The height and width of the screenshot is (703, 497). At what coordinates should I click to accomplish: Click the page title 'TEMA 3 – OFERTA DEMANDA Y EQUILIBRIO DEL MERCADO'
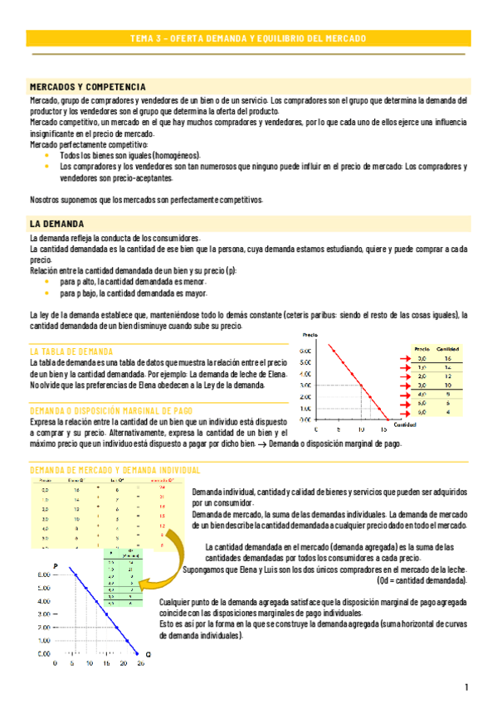click(248, 38)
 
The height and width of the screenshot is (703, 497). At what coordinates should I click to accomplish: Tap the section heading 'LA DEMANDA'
click(56, 224)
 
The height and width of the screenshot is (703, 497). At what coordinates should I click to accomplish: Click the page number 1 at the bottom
click(467, 687)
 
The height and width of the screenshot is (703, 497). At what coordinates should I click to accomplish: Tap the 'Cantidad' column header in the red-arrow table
click(448, 349)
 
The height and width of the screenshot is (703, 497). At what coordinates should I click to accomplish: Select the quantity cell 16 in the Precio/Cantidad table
click(447, 358)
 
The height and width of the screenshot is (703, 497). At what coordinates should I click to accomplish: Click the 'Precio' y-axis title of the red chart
click(310, 336)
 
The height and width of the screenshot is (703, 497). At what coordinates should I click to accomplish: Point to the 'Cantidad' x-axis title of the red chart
click(405, 424)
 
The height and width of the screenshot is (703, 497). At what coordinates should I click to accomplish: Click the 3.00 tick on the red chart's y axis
click(305, 385)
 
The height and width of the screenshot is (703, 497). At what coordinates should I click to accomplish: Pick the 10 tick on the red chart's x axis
click(361, 430)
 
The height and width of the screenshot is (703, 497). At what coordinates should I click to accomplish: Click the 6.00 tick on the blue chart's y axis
click(37, 574)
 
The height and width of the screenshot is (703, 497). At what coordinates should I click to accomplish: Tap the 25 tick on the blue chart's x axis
click(140, 663)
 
